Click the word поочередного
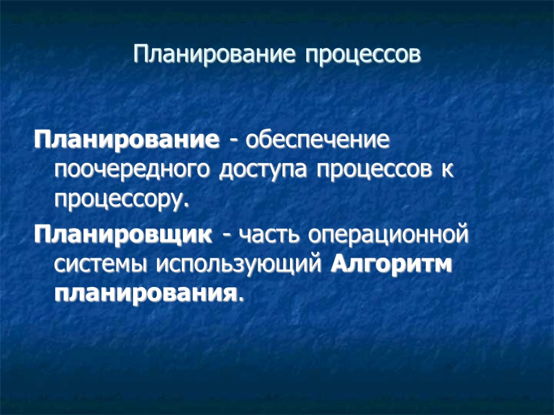tap(134, 171)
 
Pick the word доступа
tap(265, 171)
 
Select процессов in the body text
tap(374, 171)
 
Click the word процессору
tap(120, 201)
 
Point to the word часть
tap(269, 236)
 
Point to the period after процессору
tap(188, 206)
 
